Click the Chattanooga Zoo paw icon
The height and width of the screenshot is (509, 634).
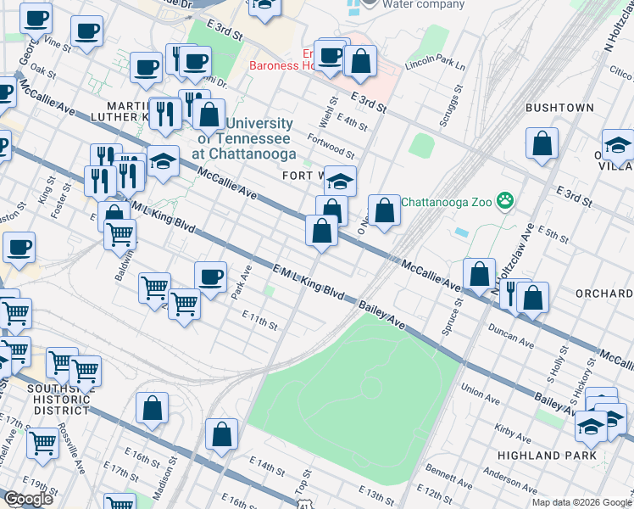point(506,202)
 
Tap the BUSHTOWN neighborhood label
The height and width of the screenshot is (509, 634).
point(559,108)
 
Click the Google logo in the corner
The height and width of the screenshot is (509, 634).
point(28,499)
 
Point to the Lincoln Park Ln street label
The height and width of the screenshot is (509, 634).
point(437,64)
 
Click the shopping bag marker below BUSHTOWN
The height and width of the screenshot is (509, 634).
point(542,144)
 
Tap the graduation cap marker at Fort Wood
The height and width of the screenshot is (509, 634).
point(340,180)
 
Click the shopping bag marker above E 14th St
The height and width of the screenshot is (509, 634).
point(221,433)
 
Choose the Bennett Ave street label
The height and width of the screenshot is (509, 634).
point(443,467)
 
